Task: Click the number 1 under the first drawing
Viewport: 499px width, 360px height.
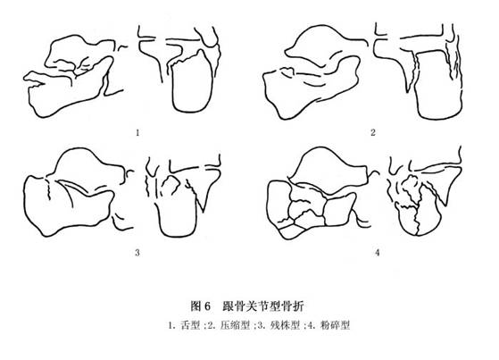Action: pos(137,132)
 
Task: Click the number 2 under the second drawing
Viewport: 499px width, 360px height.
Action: pos(373,132)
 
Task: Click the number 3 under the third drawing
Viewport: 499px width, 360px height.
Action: pos(137,253)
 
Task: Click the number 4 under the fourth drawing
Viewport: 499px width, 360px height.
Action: pos(377,253)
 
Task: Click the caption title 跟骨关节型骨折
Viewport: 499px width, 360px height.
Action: pos(263,306)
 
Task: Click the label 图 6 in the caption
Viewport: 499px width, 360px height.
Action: pos(201,306)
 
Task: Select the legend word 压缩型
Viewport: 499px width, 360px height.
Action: pos(235,325)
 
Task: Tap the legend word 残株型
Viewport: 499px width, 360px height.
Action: pos(285,325)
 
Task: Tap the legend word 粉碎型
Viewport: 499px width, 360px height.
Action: pos(335,325)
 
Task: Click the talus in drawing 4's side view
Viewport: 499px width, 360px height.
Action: pos(328,169)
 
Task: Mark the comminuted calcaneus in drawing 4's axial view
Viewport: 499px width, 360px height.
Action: pos(417,207)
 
